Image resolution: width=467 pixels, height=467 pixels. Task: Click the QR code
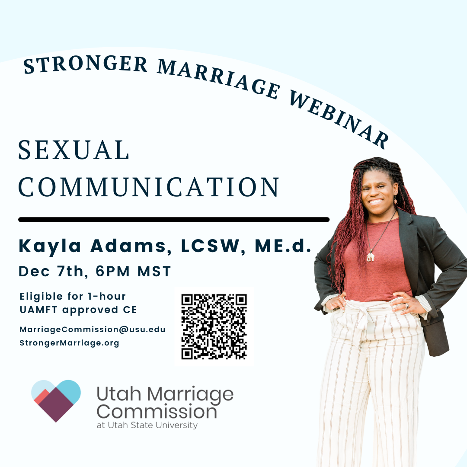tap(214, 327)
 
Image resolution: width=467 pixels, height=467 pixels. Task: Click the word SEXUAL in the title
tap(74, 150)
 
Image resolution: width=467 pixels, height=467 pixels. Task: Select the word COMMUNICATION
tap(149, 187)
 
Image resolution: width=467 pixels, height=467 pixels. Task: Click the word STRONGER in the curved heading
tap(86, 64)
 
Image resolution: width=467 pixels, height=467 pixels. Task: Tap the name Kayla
tap(50, 246)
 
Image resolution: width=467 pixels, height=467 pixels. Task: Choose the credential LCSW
tap(210, 246)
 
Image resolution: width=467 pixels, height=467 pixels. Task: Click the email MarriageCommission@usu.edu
tap(93, 329)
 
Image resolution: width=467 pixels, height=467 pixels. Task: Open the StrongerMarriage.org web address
tap(69, 343)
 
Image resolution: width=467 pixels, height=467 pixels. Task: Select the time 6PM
tap(113, 271)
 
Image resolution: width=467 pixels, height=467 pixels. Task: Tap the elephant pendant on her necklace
tap(370, 256)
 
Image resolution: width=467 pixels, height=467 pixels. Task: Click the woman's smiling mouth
tap(376, 202)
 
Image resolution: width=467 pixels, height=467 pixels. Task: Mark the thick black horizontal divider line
tap(174, 220)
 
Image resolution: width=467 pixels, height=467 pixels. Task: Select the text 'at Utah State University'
tap(147, 425)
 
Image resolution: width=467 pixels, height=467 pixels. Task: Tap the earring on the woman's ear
tap(396, 200)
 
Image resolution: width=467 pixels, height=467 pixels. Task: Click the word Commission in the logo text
tap(157, 412)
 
